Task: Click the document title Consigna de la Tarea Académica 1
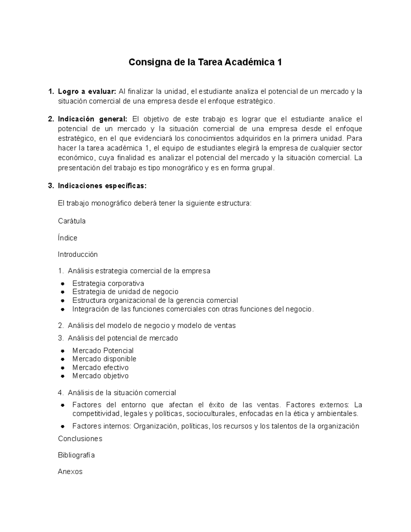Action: tap(205, 62)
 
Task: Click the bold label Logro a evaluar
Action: tap(87, 91)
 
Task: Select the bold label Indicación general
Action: tap(92, 119)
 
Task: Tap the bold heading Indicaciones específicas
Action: tap(102, 186)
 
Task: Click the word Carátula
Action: tap(72, 221)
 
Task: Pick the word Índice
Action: tap(67, 238)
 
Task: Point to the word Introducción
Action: tap(78, 255)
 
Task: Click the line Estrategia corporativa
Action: tap(108, 284)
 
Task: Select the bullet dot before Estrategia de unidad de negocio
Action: tap(63, 292)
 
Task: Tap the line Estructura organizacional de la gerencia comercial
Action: tap(155, 300)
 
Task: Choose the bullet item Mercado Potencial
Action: tap(103, 351)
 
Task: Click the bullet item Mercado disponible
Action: tap(104, 359)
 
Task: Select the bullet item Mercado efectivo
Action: tap(100, 368)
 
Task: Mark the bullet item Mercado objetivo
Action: tap(100, 376)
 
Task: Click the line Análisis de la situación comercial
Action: tap(122, 393)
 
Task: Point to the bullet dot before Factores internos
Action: tap(63, 426)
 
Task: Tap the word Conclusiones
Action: tap(80, 439)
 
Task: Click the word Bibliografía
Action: tap(76, 455)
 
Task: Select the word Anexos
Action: tap(70, 472)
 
